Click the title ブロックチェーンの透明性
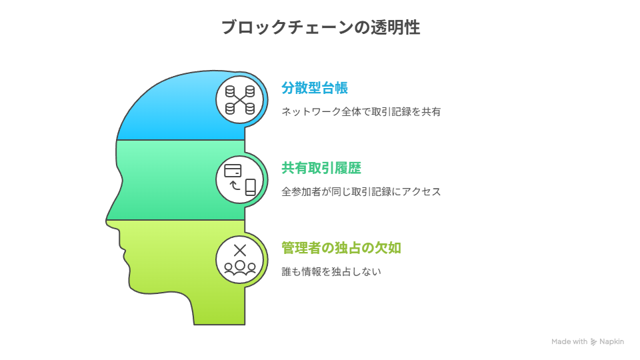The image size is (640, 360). pyautogui.click(x=321, y=27)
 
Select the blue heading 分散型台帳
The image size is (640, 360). pyautogui.click(x=315, y=88)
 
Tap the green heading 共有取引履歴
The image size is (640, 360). pyautogui.click(x=321, y=168)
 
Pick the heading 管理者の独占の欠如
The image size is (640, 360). pyautogui.click(x=341, y=248)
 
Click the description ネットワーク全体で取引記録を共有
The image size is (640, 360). pyautogui.click(x=361, y=111)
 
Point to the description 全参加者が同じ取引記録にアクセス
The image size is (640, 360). pyautogui.click(x=361, y=191)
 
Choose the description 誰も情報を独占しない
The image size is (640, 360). pyautogui.click(x=331, y=271)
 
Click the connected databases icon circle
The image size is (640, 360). pyautogui.click(x=240, y=99)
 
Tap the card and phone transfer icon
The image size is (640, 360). pyautogui.click(x=240, y=179)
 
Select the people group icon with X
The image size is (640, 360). pyautogui.click(x=240, y=259)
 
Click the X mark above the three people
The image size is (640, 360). pyautogui.click(x=240, y=250)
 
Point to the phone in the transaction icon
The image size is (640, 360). pyautogui.click(x=251, y=187)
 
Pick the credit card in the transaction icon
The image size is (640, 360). pyautogui.click(x=233, y=170)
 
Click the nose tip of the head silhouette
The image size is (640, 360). pyautogui.click(x=106, y=221)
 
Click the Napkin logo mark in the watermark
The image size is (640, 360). pyautogui.click(x=593, y=341)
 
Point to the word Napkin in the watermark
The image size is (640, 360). pyautogui.click(x=611, y=341)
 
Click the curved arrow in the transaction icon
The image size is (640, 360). pyautogui.click(x=234, y=185)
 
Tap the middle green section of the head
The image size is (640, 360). pyautogui.click(x=179, y=180)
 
